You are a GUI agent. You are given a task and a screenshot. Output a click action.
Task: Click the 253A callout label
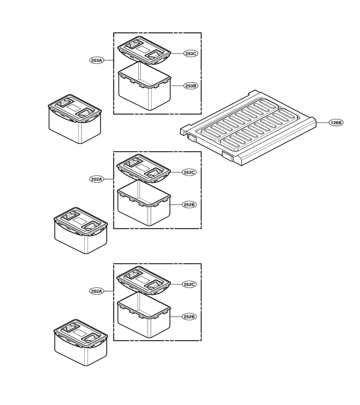point(97,60)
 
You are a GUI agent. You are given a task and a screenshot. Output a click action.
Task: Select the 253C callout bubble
point(191,54)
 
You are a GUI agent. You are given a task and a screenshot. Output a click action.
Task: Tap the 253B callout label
point(191,86)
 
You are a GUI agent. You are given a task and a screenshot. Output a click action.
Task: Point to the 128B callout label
point(336,123)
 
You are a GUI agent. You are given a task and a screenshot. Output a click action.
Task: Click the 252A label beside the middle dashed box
point(97,179)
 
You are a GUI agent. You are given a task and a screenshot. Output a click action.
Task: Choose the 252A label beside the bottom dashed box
point(97,291)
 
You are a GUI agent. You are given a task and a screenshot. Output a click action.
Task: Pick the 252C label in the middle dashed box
point(189,172)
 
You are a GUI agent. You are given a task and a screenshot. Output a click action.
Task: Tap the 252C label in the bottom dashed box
point(189,284)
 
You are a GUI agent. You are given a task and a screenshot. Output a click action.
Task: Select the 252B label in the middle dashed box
point(189,205)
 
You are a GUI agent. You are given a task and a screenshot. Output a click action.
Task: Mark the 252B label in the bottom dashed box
point(189,317)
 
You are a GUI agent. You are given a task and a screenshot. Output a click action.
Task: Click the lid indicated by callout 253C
point(144,50)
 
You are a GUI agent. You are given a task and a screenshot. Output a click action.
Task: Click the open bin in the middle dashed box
point(144,204)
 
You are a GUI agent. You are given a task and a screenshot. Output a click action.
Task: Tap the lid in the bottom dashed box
point(144,280)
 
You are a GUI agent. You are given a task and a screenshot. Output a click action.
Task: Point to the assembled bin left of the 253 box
point(75,119)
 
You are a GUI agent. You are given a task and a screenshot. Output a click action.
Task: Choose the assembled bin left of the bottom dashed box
point(81,342)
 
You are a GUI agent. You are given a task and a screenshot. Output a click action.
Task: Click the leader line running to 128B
point(323,123)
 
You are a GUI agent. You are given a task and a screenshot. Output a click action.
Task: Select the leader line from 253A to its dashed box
point(109,60)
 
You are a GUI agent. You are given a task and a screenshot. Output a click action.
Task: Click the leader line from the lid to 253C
point(177,54)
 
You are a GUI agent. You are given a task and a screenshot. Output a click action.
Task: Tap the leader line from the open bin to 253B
point(177,86)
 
